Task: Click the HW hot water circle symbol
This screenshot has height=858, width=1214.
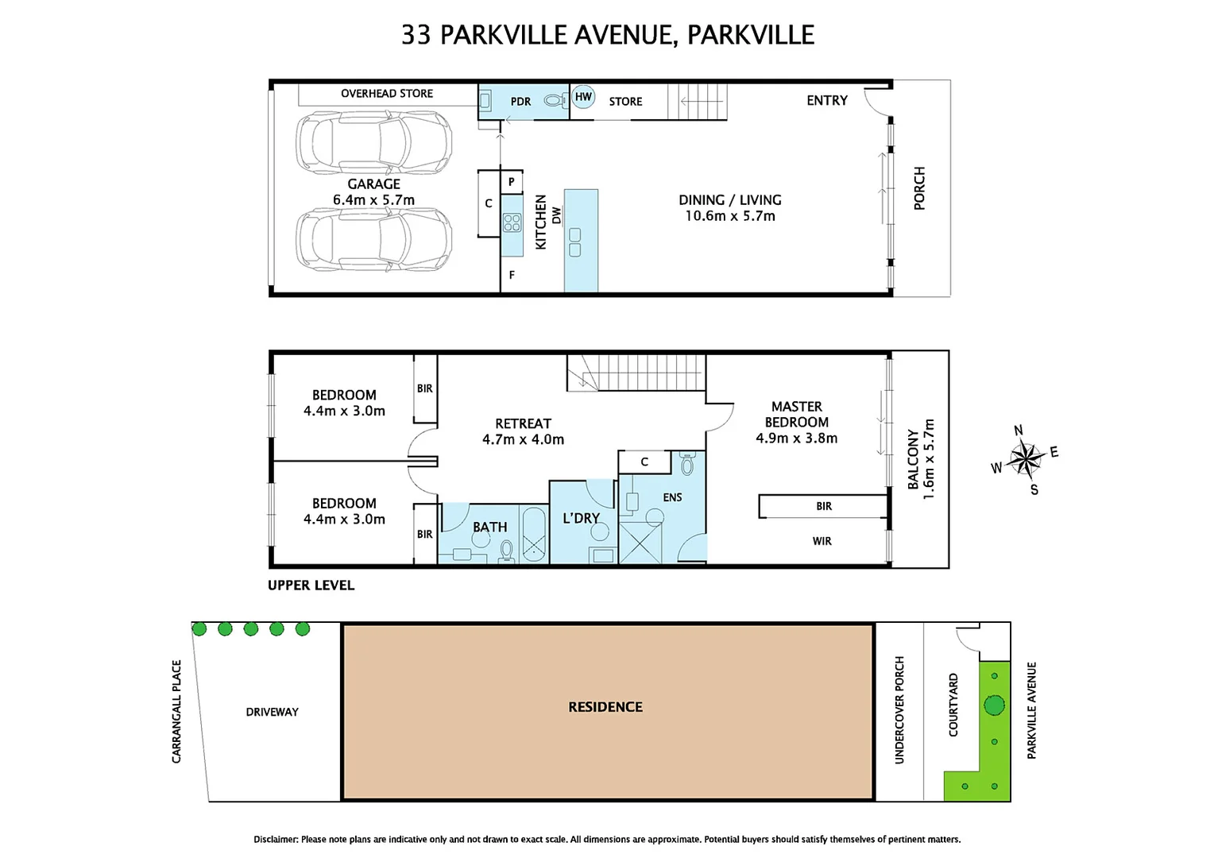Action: pos(583,97)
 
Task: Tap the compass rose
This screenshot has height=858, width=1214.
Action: pos(1026,459)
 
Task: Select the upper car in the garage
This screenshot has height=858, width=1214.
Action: pos(373,142)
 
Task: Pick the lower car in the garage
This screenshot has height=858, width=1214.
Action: pos(373,239)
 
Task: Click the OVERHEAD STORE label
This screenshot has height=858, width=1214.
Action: pos(387,94)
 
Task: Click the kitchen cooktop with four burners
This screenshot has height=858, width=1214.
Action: pos(512,222)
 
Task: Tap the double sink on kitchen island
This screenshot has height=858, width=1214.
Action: pos(574,242)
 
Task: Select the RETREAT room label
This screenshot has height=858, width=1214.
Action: pos(523,423)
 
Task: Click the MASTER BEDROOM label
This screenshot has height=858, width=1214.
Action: pos(796,415)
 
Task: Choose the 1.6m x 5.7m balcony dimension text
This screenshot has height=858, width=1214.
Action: pos(930,459)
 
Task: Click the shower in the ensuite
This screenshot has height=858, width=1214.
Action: pos(640,543)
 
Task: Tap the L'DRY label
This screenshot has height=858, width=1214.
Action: pos(581,518)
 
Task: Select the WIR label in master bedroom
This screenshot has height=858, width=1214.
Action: pos(822,541)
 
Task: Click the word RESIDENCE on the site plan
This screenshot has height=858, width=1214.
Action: pos(605,707)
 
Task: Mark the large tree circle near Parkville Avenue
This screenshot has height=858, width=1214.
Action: pos(994,705)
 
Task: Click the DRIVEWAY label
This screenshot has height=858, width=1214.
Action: pos(272,712)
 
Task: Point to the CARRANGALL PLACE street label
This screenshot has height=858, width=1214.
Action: pos(176,712)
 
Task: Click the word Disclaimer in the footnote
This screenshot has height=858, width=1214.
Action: pos(276,839)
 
